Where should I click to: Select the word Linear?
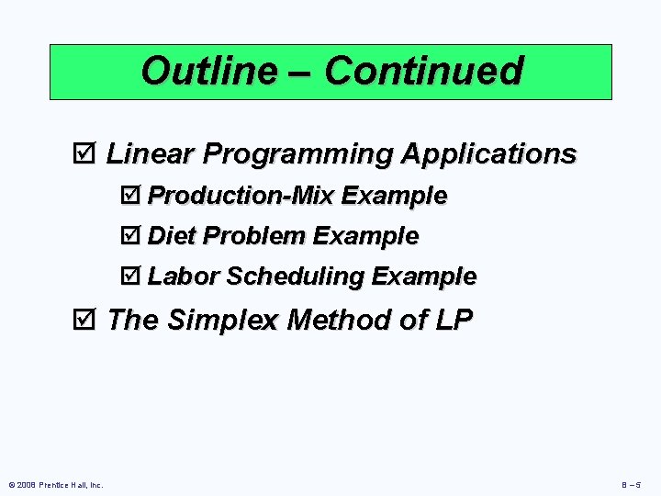(149, 153)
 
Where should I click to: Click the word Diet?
(172, 236)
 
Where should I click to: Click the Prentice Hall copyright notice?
(56, 485)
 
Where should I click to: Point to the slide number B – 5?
(635, 485)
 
